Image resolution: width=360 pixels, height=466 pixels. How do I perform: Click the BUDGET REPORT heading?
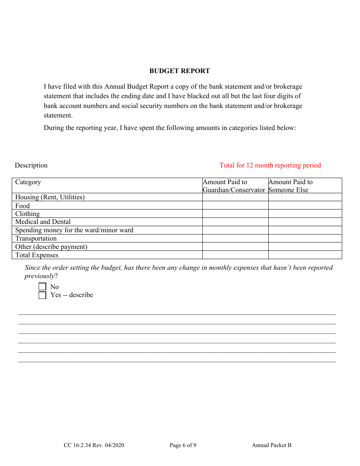tap(179, 71)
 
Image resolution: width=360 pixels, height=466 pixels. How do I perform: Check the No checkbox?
tap(42, 287)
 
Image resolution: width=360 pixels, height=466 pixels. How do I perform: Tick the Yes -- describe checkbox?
tap(42, 295)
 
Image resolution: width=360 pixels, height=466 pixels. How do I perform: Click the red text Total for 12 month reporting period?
tap(270, 165)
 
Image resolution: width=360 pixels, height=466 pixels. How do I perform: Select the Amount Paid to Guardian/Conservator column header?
tap(233, 186)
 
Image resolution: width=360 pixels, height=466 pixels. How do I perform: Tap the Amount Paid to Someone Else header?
tap(290, 186)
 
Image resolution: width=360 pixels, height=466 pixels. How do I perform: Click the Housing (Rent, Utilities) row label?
tap(50, 197)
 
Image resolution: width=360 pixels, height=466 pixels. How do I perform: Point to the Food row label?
tap(22, 206)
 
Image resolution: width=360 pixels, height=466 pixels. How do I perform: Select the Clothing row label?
tap(27, 214)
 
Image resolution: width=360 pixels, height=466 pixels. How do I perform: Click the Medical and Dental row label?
tap(43, 222)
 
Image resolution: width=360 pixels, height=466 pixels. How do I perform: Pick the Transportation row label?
tap(36, 238)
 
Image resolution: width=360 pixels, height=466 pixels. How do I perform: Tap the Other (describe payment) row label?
tap(51, 247)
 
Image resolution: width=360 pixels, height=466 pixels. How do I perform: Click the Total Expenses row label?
tap(37, 255)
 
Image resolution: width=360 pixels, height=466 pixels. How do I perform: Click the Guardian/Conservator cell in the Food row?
tap(235, 205)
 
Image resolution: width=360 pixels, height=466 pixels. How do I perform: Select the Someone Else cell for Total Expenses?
tap(305, 255)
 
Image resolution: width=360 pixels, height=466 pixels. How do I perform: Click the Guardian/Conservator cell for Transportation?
tap(235, 238)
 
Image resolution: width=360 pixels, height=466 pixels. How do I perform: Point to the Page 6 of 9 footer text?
tap(183, 445)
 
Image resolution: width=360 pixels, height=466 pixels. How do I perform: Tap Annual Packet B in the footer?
tap(271, 445)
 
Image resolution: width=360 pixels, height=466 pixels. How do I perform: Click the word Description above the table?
tap(31, 165)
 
